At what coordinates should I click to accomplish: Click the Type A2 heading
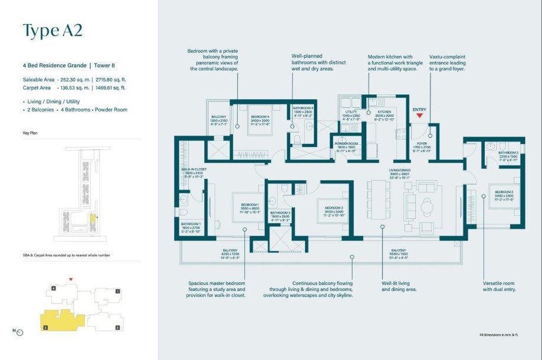click(52, 31)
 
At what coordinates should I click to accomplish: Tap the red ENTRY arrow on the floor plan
click(419, 116)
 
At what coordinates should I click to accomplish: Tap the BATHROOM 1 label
click(191, 223)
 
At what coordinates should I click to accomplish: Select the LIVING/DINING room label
click(399, 169)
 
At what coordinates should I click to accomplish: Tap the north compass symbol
click(19, 332)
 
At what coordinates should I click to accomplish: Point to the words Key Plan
click(31, 133)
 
